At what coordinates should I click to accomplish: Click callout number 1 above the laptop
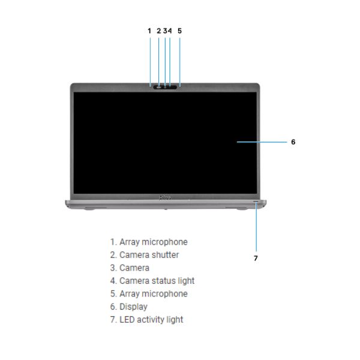click(x=149, y=31)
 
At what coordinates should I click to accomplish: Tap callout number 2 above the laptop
click(x=158, y=31)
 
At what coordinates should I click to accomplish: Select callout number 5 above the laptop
click(x=179, y=31)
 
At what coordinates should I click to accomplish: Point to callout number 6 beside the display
click(x=293, y=142)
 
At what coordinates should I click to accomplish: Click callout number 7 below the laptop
click(x=256, y=258)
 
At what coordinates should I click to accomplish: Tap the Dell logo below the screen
click(x=164, y=197)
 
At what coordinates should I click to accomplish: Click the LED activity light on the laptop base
click(x=256, y=201)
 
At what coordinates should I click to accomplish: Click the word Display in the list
click(x=133, y=307)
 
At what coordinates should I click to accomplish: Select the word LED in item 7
click(x=127, y=320)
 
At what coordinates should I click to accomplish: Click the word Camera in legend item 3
click(x=134, y=268)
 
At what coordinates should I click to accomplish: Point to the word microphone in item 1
click(x=164, y=242)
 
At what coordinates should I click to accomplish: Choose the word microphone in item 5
click(x=164, y=294)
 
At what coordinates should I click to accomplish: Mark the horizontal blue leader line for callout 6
click(x=262, y=142)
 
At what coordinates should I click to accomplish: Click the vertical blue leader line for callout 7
click(x=256, y=226)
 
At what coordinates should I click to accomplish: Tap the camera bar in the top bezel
click(x=166, y=87)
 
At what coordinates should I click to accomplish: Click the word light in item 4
click(x=186, y=281)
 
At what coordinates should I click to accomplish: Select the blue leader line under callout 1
click(x=150, y=62)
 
